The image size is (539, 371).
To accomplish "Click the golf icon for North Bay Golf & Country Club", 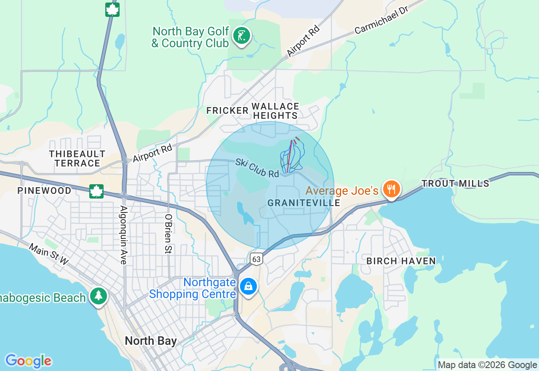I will (241, 36).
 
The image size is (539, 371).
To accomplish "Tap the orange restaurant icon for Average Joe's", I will (391, 189).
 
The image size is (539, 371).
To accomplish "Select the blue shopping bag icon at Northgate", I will (248, 287).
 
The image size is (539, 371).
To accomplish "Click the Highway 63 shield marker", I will (256, 259).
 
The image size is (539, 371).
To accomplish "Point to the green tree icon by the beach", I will (99, 296).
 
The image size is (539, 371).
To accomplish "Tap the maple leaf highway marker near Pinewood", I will (96, 191).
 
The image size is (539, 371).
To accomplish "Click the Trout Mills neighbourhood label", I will (456, 183).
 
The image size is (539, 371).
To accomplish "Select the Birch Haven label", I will (401, 261).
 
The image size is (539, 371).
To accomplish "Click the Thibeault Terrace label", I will (77, 158).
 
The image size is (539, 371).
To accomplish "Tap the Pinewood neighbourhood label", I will (44, 191).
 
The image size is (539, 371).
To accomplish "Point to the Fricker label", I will (227, 110).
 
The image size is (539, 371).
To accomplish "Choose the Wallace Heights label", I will (275, 111).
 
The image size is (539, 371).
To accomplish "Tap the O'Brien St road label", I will (168, 234).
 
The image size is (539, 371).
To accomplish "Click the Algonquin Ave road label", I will (123, 235).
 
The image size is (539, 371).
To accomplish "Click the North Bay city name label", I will (151, 341).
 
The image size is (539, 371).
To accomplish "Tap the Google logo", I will (28, 361).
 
